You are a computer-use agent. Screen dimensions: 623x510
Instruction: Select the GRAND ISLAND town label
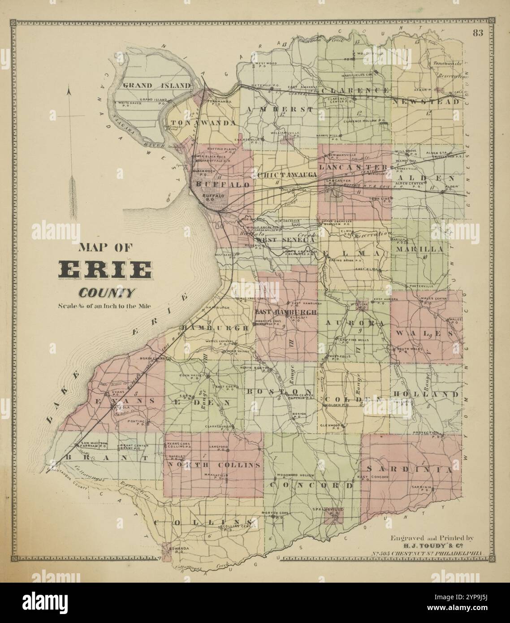(x=157, y=85)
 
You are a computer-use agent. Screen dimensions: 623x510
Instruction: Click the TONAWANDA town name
(x=203, y=123)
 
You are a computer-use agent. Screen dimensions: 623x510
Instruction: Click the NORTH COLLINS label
(x=213, y=465)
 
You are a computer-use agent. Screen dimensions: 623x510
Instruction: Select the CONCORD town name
(x=312, y=485)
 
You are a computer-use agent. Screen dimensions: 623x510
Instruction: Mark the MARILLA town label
(x=419, y=249)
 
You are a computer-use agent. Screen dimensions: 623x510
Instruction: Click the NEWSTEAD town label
(x=426, y=102)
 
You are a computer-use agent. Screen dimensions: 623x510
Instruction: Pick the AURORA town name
(x=354, y=323)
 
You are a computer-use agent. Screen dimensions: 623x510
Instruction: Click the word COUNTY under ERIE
(x=107, y=294)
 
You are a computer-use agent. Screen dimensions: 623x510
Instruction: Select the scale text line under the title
(x=105, y=307)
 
